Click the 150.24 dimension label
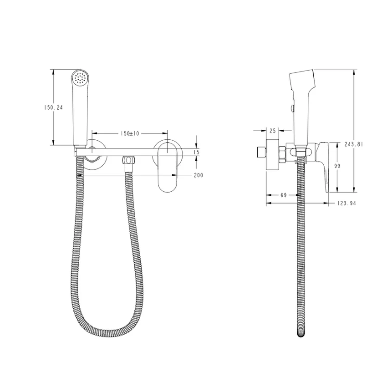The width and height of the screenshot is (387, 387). click(53, 107)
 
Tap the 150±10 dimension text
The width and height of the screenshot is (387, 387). click(130, 133)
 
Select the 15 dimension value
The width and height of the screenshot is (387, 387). click(197, 152)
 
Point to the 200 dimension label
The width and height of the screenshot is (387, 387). click(199, 175)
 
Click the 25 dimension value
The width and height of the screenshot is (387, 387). click(272, 131)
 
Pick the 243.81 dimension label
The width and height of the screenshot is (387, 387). click(353, 144)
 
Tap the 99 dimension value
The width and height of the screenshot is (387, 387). click(337, 166)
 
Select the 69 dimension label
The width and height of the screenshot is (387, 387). click(284, 195)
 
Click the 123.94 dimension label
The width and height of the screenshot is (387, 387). click(346, 204)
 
